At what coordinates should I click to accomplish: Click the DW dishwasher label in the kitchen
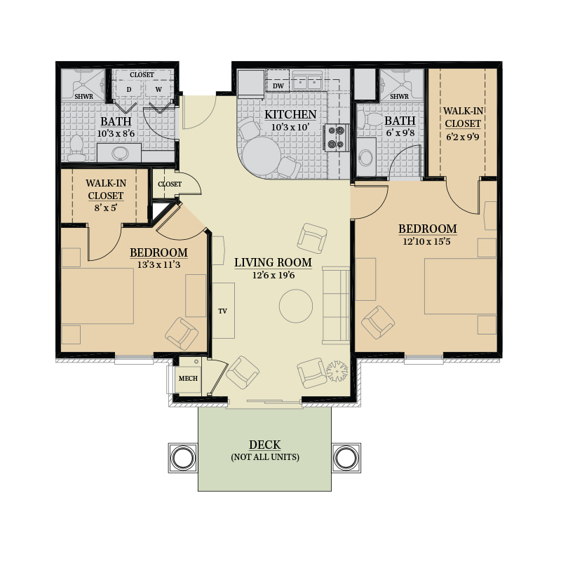tap(278, 86)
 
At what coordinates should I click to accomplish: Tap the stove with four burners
tap(337, 137)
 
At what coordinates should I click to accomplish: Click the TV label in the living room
tap(222, 311)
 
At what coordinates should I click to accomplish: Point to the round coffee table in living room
tap(295, 306)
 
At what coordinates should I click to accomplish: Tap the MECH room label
tap(188, 378)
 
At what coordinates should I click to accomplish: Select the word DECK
tap(265, 445)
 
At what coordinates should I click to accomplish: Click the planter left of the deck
tap(183, 458)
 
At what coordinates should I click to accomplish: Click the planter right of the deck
tap(346, 458)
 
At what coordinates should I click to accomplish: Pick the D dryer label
tap(129, 90)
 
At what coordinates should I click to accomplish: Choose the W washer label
tap(158, 90)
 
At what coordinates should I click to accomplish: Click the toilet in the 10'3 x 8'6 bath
tap(76, 149)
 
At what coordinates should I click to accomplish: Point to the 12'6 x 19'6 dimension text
tap(273, 275)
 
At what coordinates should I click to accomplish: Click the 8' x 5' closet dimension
tap(106, 208)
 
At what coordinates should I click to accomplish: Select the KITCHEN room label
tap(290, 114)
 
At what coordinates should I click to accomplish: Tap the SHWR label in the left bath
tap(83, 97)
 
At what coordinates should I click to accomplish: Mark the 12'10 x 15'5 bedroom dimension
tap(427, 241)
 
